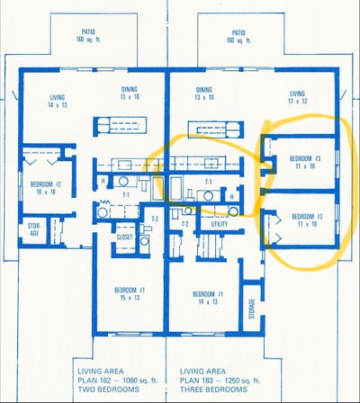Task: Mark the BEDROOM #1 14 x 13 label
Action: (x=208, y=298)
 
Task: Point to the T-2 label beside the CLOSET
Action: (x=154, y=219)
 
